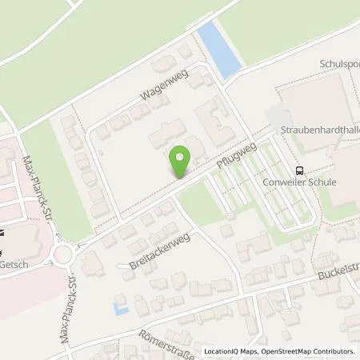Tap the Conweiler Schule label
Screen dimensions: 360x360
click(311, 182)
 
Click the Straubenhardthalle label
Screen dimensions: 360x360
click(319, 129)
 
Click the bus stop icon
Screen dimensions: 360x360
click(299, 170)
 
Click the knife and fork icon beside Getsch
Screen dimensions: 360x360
click(2, 233)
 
